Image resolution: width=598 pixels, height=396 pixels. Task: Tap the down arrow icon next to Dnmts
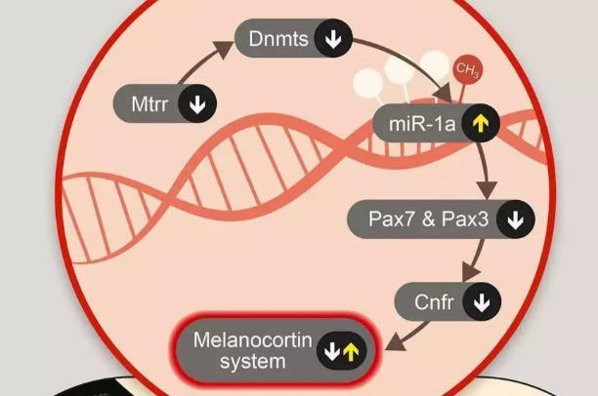coord(333,39)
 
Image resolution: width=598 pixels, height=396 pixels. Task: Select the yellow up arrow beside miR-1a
coord(480,124)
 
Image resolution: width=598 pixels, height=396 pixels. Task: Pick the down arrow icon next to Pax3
coord(514,220)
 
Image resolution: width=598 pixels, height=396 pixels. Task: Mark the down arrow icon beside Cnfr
coord(480,302)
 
